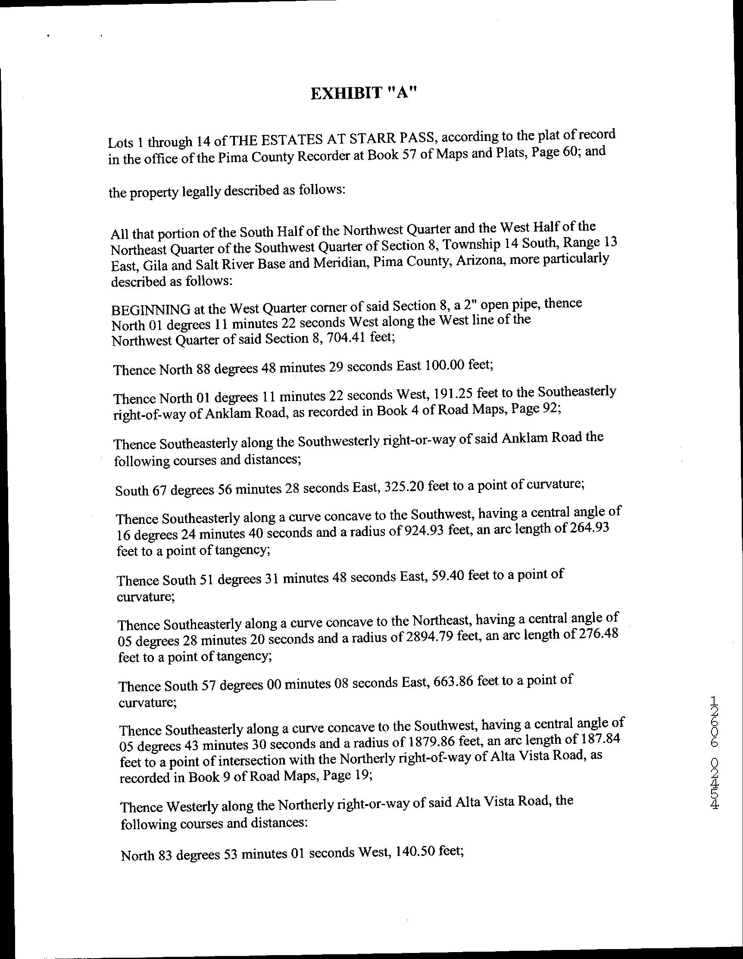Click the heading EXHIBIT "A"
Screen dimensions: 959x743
pos(362,94)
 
